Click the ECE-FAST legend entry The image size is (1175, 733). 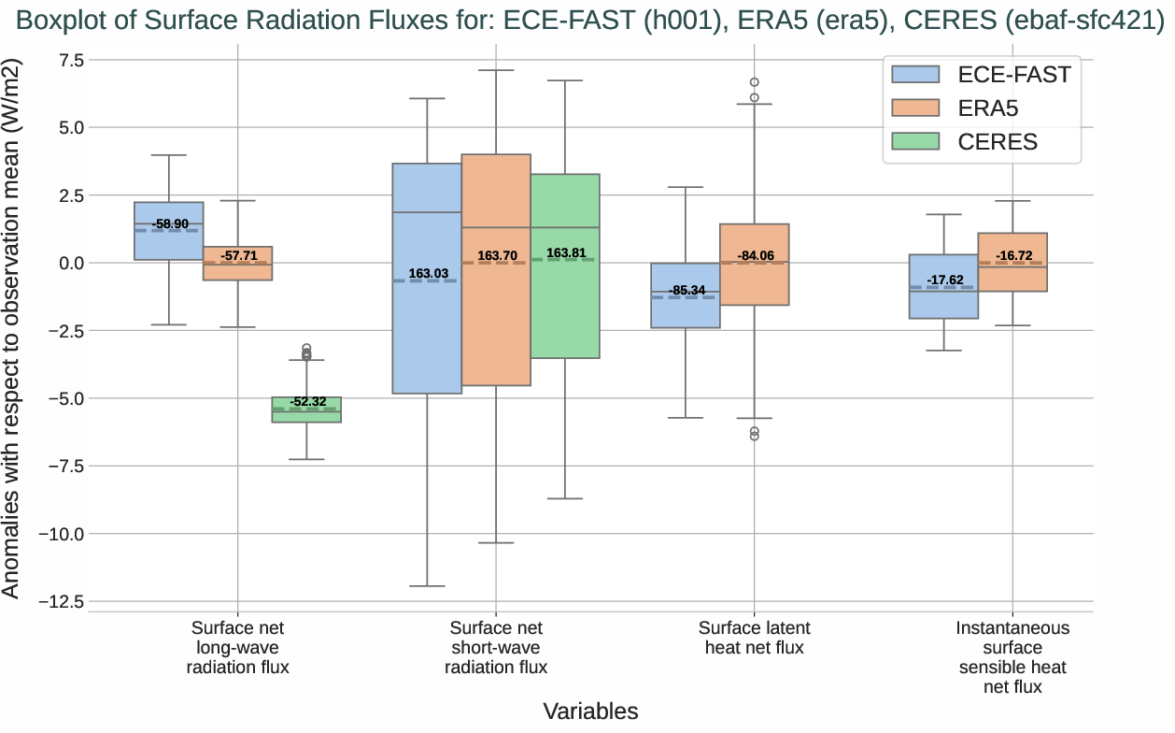click(981, 75)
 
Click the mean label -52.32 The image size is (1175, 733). click(307, 402)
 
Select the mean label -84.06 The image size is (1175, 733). click(756, 255)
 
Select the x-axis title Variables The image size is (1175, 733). click(590, 711)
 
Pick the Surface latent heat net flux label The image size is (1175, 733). click(754, 638)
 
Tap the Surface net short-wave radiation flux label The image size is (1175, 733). click(496, 647)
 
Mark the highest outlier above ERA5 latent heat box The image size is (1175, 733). click(754, 82)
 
